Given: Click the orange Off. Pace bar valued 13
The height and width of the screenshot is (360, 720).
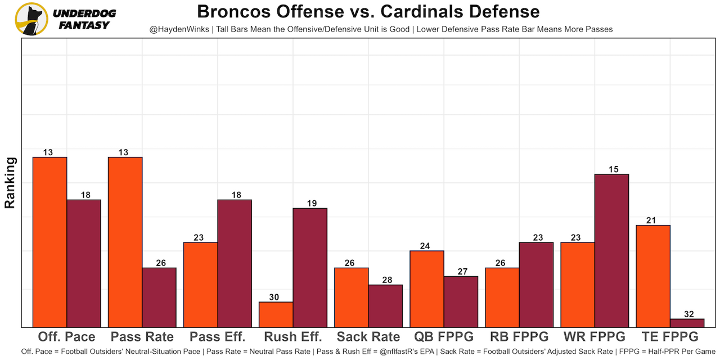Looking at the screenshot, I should pos(50,242).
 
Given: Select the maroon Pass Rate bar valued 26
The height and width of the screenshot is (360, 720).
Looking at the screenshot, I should pos(159,297).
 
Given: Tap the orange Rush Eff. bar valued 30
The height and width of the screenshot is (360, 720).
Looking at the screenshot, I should pos(276,314).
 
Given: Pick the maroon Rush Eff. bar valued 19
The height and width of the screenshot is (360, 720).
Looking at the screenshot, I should pos(310,267).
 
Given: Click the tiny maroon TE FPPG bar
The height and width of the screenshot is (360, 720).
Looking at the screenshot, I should pos(687,323).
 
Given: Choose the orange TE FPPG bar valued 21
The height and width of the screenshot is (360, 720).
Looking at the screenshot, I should pos(653,276).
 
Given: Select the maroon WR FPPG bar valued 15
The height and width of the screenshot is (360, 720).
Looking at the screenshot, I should pos(611,250).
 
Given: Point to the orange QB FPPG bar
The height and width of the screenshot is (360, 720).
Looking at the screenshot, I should pos(427,289).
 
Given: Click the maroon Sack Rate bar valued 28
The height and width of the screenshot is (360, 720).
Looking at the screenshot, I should pos(385,305).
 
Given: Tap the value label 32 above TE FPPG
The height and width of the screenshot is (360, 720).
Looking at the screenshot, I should pos(687,314).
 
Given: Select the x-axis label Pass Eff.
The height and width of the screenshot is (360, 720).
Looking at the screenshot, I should pos(218,337).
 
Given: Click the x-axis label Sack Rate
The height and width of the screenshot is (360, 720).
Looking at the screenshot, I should pos(368,337).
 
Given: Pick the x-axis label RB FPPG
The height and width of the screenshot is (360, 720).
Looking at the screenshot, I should pos(519,337).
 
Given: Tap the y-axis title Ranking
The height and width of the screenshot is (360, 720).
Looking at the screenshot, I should pos(10,183).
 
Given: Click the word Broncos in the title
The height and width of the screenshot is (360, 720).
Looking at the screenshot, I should pos(229,11).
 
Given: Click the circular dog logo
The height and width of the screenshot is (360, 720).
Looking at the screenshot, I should pos(31,19).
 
